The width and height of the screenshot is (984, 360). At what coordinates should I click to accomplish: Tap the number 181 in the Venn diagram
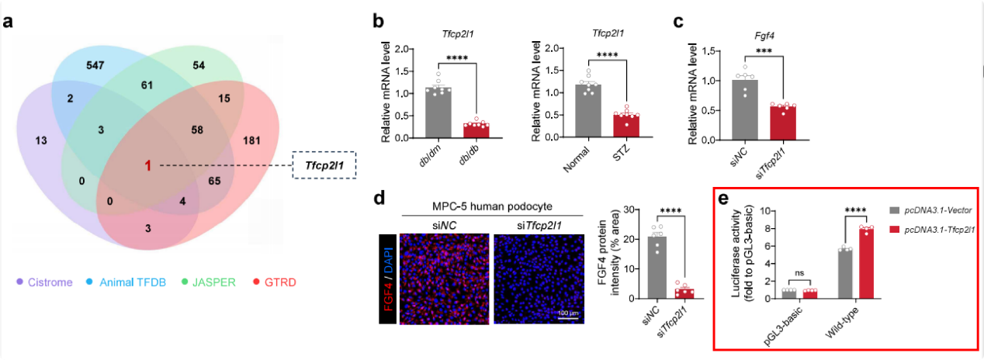[251, 119]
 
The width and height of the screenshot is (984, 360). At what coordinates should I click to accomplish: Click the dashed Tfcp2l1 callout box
[324, 164]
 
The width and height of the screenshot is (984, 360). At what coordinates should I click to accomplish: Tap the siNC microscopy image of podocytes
[442, 275]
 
